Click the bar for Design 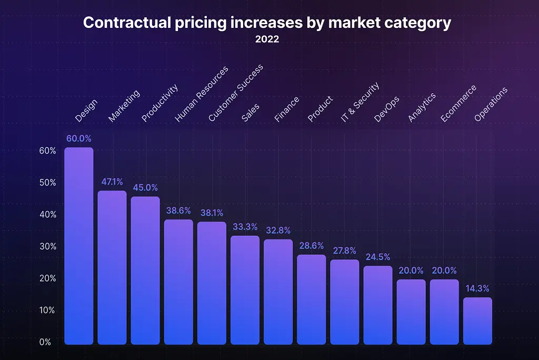pyautogui.click(x=79, y=246)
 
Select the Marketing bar pyautogui.click(x=112, y=267)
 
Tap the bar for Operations pyautogui.click(x=477, y=321)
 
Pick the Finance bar pyautogui.click(x=278, y=292)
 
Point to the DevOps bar pyautogui.click(x=378, y=305)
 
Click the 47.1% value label pyautogui.click(x=112, y=182)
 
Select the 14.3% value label pyautogui.click(x=477, y=288)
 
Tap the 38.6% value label pyautogui.click(x=178, y=211)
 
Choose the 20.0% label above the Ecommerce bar pyautogui.click(x=444, y=271)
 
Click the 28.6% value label pyautogui.click(x=312, y=245)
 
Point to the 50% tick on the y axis pyautogui.click(x=48, y=183)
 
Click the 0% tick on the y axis pyautogui.click(x=45, y=342)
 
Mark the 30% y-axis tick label pyautogui.click(x=48, y=246)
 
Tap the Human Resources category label pyautogui.click(x=202, y=94)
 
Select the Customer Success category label pyautogui.click(x=236, y=93)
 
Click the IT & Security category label pyautogui.click(x=360, y=102)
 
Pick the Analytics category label pyautogui.click(x=422, y=107)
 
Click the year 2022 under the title pyautogui.click(x=267, y=39)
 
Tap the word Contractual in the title pyautogui.click(x=127, y=23)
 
